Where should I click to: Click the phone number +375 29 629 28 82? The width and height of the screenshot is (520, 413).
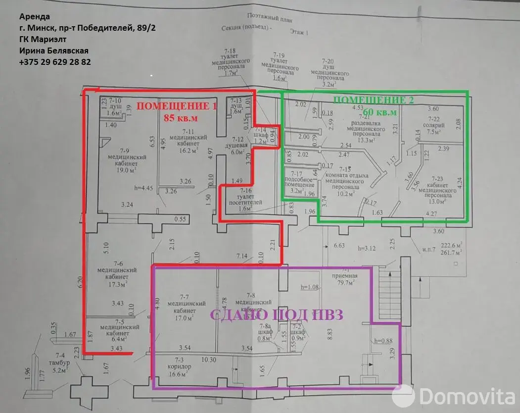coord(55,62)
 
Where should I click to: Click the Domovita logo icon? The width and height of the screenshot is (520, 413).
coord(403,396)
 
